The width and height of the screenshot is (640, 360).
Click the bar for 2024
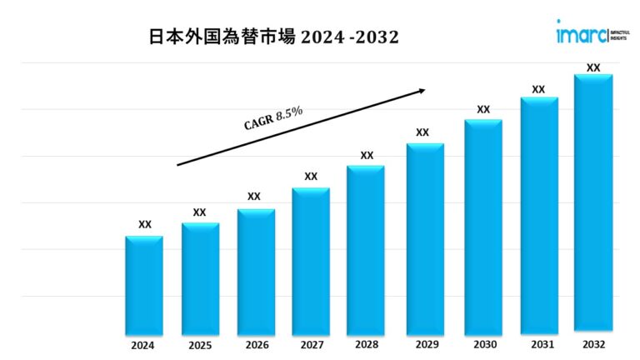[x=144, y=284]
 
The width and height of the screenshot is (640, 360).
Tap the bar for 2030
[x=483, y=226]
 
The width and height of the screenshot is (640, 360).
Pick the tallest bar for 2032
[x=593, y=203]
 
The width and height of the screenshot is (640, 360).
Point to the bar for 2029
[x=425, y=237]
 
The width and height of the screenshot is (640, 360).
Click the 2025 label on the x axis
[x=199, y=344]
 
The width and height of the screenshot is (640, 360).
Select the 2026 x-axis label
[x=254, y=344]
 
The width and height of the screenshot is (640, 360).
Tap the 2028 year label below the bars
[x=367, y=344]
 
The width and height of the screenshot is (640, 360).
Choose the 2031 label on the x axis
[x=538, y=344]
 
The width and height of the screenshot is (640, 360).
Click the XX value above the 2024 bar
[x=145, y=224]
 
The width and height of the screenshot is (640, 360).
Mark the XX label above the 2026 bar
[x=254, y=197]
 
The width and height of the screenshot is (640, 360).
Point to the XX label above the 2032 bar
[x=593, y=67]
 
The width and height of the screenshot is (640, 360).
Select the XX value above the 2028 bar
[x=367, y=155]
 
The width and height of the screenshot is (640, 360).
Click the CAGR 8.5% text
[x=272, y=118]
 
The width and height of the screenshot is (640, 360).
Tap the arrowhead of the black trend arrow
[x=422, y=90]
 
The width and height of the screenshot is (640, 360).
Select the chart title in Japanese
[x=273, y=37]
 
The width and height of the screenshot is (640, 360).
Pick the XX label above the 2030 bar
[x=483, y=109]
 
